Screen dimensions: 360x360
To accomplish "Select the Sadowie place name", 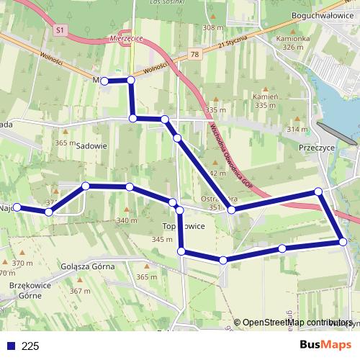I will [91, 144].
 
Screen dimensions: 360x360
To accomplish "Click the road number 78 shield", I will [194, 54].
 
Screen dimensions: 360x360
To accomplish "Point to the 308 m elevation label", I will [213, 27].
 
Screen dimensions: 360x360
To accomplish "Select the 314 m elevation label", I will [297, 129].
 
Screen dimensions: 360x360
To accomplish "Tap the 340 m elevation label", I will [127, 220].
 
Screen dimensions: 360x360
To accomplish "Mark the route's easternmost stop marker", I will [343, 242].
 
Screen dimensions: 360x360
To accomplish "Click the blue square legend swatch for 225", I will [9, 346].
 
